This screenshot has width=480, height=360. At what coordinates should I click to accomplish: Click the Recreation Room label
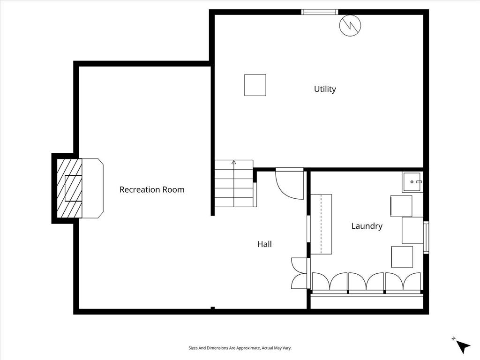point(152,190)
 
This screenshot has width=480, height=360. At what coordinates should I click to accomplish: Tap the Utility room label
point(325,89)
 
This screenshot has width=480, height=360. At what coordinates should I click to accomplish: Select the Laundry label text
point(367,226)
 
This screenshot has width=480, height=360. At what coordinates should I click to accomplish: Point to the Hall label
point(264,244)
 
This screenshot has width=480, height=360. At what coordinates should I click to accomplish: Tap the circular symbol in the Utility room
point(349,26)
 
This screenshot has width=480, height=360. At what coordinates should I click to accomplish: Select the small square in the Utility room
point(255,85)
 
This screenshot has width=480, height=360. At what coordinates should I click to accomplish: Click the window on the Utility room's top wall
point(319,12)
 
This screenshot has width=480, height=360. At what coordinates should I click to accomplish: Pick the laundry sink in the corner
point(412,182)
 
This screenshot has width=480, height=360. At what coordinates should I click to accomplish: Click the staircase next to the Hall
point(234,184)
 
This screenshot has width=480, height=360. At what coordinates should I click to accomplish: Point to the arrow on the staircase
point(233,163)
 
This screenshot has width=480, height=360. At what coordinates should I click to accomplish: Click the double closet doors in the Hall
point(299,273)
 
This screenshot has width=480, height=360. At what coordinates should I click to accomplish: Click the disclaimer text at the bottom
point(240,348)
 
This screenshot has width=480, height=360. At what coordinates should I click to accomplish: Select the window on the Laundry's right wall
point(426,237)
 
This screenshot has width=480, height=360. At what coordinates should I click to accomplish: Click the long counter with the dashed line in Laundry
point(321,224)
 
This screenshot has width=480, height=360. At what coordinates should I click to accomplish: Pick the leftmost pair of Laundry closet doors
point(330,282)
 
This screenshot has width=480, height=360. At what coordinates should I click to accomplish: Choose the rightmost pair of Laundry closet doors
point(403,282)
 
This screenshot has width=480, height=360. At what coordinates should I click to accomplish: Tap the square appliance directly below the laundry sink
point(401,206)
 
